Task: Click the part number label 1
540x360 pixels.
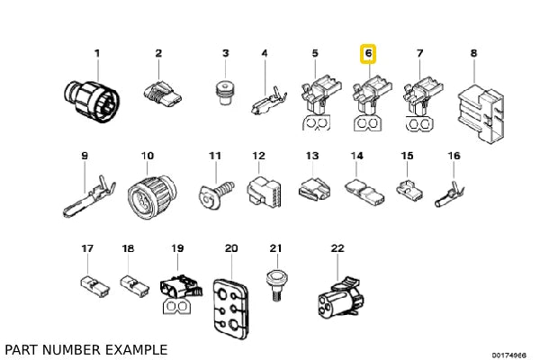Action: coord(98,53)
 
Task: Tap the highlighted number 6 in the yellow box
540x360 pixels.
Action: coord(368,54)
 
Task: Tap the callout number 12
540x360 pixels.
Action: coord(258,157)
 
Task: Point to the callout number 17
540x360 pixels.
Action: coord(86,247)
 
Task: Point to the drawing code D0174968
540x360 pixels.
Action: coord(508,355)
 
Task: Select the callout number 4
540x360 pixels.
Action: coord(265,53)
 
